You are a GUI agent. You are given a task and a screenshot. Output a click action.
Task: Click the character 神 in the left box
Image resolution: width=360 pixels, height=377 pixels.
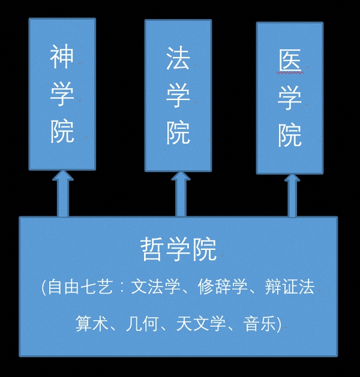[62, 58]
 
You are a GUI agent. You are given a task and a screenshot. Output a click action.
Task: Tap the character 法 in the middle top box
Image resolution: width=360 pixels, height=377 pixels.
[178, 59]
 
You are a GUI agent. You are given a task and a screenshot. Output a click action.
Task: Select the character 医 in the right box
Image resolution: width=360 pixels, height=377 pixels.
[290, 61]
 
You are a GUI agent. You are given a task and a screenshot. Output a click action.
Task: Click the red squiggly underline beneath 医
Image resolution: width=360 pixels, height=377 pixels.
[290, 73]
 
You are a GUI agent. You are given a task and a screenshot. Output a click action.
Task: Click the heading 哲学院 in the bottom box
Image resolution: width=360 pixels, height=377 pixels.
[178, 249]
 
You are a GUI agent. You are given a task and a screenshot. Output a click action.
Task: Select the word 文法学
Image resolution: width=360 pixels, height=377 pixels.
[157, 287]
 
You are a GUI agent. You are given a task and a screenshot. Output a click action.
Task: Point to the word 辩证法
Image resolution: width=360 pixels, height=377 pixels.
[290, 287]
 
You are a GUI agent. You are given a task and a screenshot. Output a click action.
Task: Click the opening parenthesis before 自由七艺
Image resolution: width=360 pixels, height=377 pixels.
[44, 287]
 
